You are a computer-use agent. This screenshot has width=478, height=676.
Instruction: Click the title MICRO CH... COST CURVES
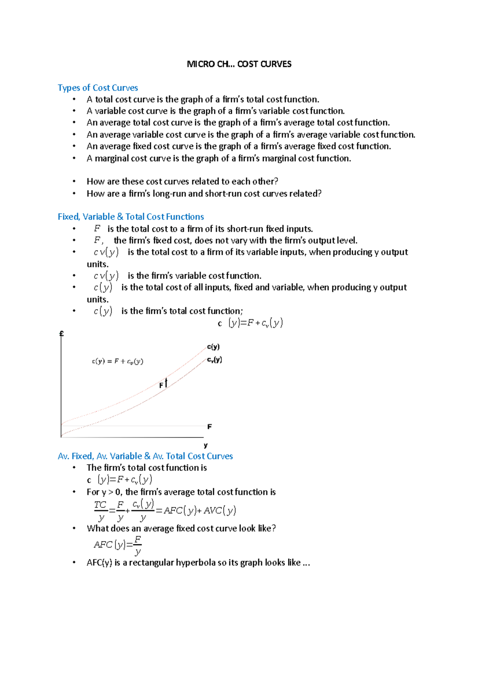point(239,64)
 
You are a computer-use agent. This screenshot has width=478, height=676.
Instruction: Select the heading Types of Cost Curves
point(98,88)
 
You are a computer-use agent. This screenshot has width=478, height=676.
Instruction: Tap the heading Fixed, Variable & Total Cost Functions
point(131,217)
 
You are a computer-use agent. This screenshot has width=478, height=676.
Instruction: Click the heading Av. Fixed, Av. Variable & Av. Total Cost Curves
point(145,456)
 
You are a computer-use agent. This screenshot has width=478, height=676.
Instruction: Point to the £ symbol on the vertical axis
point(62,334)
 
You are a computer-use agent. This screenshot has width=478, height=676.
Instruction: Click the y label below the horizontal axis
point(206,445)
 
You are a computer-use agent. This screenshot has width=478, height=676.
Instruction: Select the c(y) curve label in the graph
point(213,347)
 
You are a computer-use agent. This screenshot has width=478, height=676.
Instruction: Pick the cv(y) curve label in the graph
point(214,360)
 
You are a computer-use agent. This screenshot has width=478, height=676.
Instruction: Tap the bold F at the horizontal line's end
point(210,426)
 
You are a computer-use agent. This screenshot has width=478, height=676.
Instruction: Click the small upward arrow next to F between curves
point(166,383)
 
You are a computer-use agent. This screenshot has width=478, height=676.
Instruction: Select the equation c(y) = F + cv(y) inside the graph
point(118,361)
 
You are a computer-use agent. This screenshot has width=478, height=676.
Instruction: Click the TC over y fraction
point(100,511)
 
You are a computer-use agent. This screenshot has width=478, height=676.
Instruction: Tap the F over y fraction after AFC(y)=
point(137,545)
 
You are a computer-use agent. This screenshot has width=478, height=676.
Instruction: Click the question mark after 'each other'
point(276,182)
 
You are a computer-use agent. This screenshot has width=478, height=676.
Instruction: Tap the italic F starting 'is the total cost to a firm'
point(97,229)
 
